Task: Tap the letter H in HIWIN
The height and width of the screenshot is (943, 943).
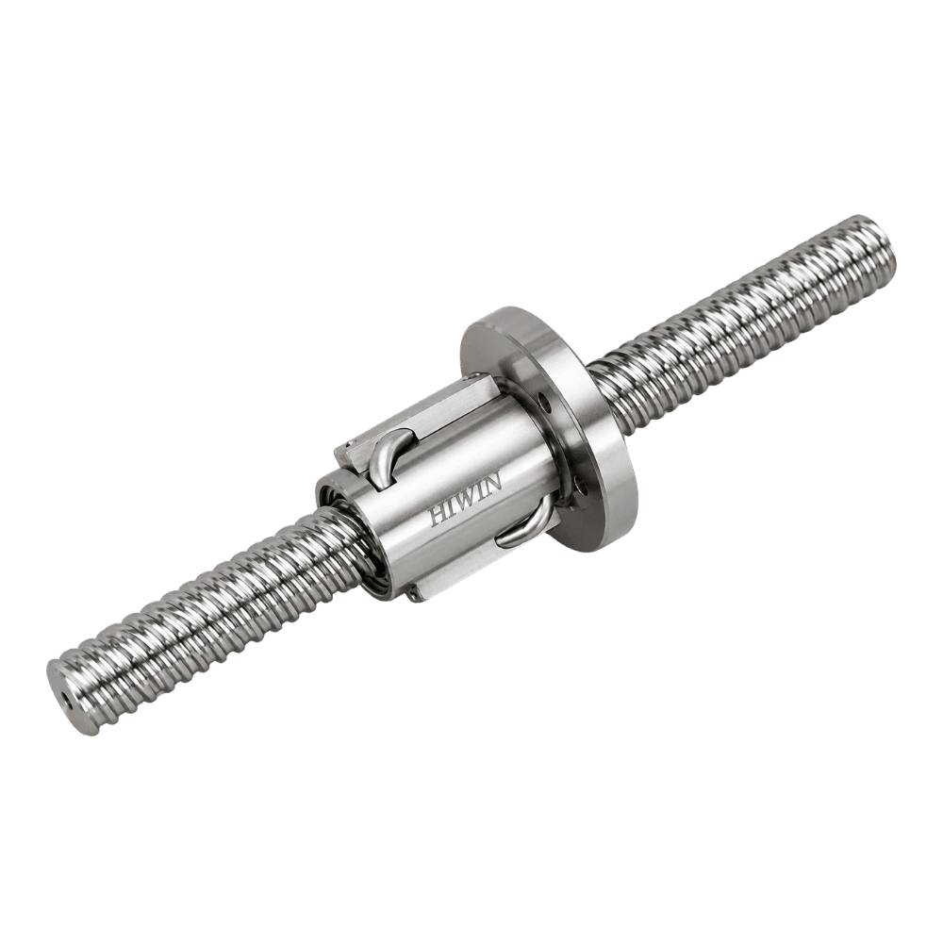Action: coord(437,517)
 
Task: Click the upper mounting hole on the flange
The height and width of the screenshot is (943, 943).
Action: coord(544,401)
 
